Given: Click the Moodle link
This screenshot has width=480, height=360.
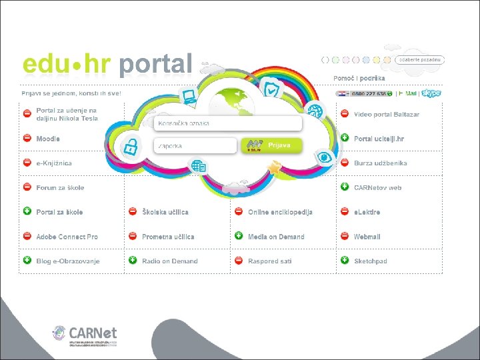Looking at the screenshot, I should pos(48,139).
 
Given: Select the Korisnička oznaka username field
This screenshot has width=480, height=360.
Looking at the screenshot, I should pos(227,123).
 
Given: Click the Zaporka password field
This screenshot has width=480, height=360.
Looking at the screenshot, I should pos(195,145).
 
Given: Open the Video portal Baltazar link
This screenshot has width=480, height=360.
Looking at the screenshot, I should pos(387,115).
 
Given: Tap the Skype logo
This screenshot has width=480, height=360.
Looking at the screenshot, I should pos(431,94).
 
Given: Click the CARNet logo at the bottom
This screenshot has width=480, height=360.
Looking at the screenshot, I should pos(85,335).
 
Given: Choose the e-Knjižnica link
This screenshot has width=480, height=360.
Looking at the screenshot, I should pos(54,163).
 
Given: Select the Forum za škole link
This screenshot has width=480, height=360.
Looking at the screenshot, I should pos(60,188).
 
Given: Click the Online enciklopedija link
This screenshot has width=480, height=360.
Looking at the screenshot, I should pos(280,212).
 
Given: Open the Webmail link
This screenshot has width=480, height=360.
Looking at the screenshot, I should pos(367,237).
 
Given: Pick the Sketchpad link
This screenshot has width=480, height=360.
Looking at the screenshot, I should pos(371,261).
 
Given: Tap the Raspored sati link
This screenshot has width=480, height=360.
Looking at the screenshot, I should pos(270,261).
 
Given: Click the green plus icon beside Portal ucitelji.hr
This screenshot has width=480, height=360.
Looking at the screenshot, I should pos(345,138).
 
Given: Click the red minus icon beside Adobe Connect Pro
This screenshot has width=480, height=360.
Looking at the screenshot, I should pos(27,236).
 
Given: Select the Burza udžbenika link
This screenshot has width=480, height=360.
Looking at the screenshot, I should pos(380,163).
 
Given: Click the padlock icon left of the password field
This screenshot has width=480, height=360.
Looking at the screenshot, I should pos(130,147).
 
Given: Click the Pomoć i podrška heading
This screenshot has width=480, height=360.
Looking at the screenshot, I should pos(359,78).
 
